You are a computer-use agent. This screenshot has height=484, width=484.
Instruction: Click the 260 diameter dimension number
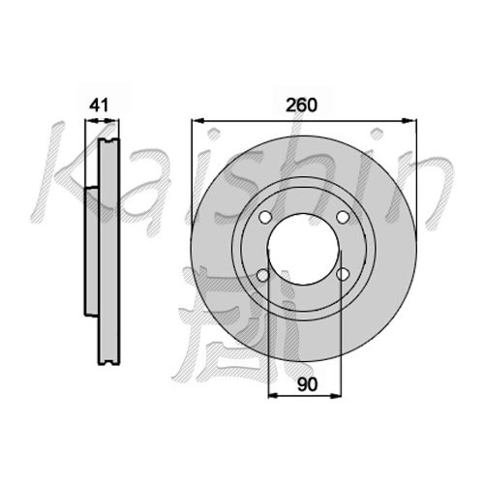pos(302,106)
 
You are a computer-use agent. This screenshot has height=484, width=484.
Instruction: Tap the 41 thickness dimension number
pos(99,106)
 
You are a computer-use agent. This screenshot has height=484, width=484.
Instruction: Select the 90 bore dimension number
pos(308,384)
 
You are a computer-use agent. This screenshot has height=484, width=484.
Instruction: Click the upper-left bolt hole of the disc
pos(264,217)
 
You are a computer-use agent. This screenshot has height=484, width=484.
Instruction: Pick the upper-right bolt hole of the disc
pos(343,217)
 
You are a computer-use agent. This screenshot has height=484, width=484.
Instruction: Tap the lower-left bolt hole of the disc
pos(263,275)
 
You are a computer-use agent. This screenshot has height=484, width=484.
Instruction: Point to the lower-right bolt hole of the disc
pos(343,275)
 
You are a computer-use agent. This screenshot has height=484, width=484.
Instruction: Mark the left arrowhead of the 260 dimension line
pos(197,121)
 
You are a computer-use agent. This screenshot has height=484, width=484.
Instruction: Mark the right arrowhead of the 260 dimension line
pos(409,121)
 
